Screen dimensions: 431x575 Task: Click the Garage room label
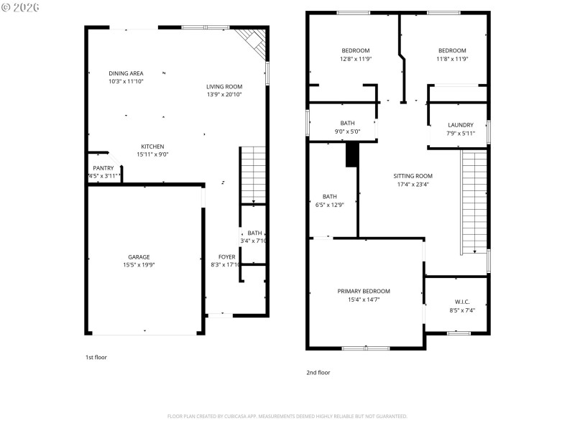tap(139, 256)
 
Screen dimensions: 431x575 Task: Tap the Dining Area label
tap(126, 73)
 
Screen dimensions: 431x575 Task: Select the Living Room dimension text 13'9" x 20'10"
tap(224, 95)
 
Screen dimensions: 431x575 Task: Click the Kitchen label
tap(152, 147)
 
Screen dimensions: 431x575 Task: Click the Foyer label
tap(227, 256)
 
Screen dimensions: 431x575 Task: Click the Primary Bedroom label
tap(364, 291)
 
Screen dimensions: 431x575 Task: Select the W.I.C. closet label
tap(461, 302)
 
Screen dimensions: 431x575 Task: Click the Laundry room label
tap(461, 125)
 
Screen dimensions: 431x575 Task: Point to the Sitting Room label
tap(413, 176)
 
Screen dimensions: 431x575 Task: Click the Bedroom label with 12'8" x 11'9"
tap(355, 50)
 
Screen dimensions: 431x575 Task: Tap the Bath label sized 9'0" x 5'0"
tap(347, 124)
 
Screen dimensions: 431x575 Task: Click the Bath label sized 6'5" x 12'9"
tap(329, 197)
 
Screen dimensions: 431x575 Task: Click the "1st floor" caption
tap(96, 357)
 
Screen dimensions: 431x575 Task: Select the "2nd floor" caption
tap(318, 372)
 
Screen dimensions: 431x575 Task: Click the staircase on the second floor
tap(474, 201)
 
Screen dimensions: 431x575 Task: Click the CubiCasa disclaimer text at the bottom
tap(287, 416)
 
